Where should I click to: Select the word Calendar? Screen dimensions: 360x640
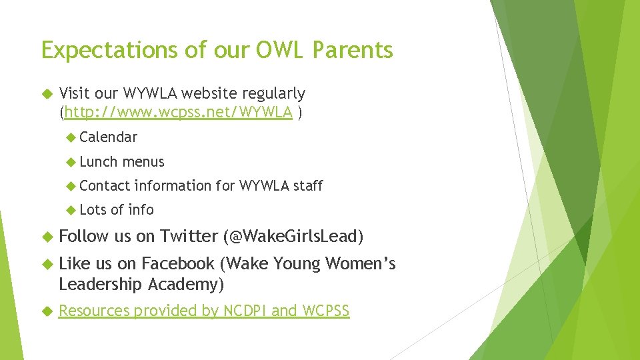(108, 137)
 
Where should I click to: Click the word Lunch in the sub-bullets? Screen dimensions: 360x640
(99, 162)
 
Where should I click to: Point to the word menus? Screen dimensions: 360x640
(143, 162)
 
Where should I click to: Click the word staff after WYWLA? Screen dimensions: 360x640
(308, 186)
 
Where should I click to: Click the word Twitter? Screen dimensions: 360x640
(189, 236)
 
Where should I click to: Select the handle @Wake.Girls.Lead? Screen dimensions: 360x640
(294, 236)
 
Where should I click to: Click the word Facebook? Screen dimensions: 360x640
(178, 264)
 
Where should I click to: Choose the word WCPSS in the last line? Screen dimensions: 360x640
(325, 311)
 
